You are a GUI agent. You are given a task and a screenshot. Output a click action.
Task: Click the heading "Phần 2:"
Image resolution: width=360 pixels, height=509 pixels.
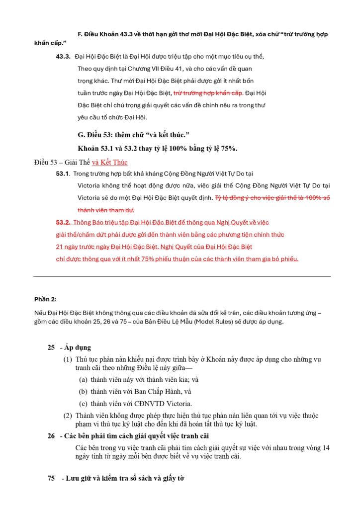point(45,299)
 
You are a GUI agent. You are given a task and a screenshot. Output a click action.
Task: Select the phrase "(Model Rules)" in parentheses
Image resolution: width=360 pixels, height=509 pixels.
point(208,322)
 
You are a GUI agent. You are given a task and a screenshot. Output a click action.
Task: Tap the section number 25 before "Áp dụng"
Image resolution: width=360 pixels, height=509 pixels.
point(51,347)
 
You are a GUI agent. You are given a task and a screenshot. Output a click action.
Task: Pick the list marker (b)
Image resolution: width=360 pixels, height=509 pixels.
point(84,391)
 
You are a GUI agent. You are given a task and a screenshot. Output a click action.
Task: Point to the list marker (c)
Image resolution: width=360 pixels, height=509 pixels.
point(84,403)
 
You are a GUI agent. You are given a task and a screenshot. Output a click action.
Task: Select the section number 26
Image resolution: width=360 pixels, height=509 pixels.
point(51,436)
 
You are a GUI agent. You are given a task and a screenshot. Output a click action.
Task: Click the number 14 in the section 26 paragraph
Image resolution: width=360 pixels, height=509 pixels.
point(326,447)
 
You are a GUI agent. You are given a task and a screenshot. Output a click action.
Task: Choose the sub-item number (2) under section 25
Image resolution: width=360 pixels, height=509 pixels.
point(67,416)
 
